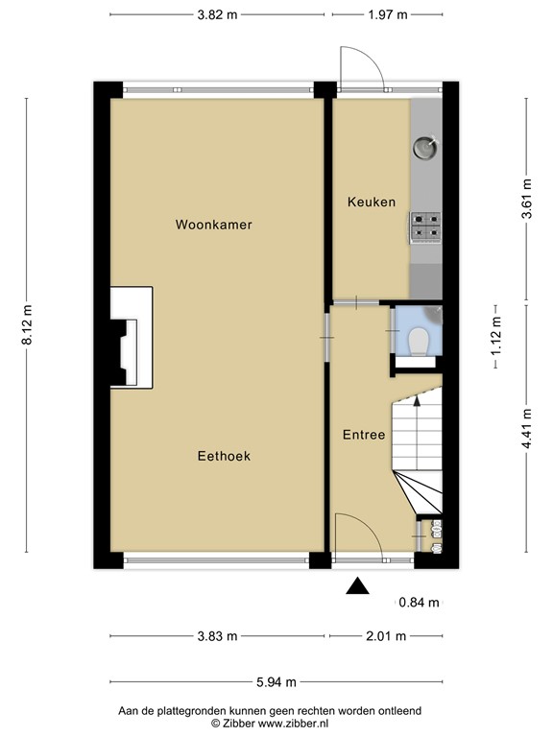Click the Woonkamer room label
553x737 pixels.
(x=213, y=225)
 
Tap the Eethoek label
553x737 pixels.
(x=224, y=457)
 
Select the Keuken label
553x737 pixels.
(x=371, y=202)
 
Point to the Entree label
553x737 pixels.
(x=364, y=435)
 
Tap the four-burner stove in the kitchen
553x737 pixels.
(x=425, y=226)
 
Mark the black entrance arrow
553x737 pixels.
(x=357, y=586)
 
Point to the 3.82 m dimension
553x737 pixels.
(x=217, y=14)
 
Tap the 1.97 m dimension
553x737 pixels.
(x=388, y=14)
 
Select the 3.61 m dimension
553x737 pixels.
(x=525, y=200)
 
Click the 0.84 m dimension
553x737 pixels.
(x=419, y=603)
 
